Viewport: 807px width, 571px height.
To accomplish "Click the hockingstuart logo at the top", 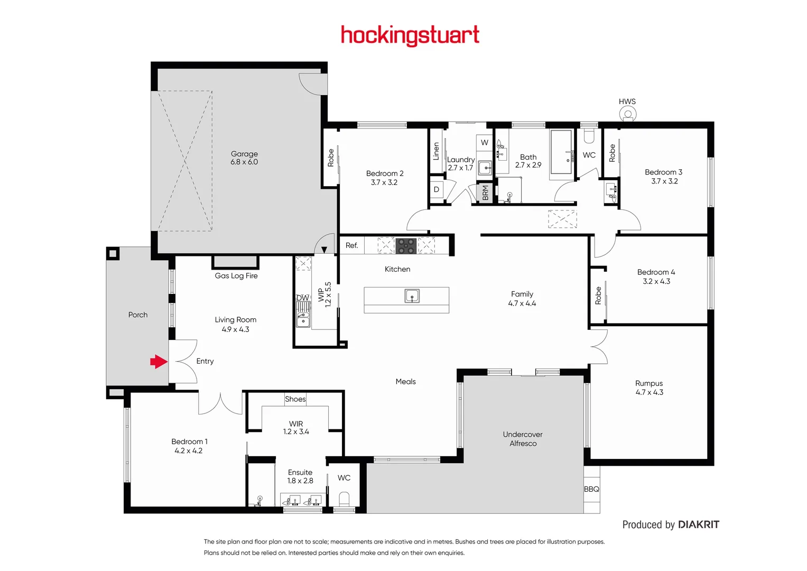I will tap(410, 35).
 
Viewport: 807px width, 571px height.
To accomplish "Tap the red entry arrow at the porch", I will tap(159, 362).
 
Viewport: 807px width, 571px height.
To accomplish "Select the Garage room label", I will tap(244, 154).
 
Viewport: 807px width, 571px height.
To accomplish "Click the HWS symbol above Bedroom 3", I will tap(628, 114).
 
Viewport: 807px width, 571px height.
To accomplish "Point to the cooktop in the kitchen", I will tap(406, 246).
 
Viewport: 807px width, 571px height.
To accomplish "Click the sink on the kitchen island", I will tap(412, 296).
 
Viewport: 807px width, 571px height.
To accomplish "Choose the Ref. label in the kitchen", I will tap(351, 245).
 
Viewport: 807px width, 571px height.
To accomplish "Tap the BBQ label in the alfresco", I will tap(591, 489).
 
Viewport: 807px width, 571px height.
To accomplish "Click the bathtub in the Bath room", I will tap(561, 152).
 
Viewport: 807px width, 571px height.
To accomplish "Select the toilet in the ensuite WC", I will tap(344, 499).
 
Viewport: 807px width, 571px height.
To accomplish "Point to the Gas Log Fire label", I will tap(236, 275).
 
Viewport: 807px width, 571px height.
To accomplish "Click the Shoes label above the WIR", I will tap(295, 399).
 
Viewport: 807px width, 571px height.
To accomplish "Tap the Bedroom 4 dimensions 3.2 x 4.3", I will tap(656, 281).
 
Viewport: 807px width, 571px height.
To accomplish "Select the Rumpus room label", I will tap(649, 383).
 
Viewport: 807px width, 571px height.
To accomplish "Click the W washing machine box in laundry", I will tap(485, 143).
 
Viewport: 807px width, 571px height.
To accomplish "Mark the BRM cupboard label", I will tap(485, 193).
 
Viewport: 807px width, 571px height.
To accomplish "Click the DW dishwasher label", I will tap(302, 298).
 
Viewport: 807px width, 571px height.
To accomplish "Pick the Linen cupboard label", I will tap(436, 151).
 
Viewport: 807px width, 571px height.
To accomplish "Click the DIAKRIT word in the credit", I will tap(698, 524).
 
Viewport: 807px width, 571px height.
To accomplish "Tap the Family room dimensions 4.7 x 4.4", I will tap(522, 303).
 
